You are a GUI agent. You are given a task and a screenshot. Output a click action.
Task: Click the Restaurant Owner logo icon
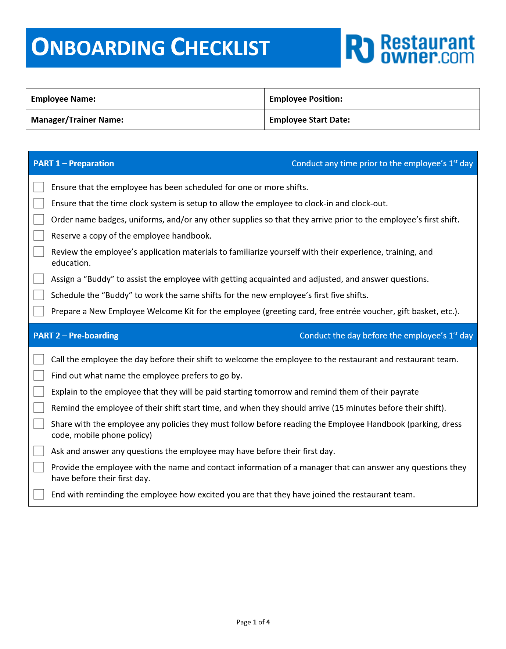[x=360, y=49]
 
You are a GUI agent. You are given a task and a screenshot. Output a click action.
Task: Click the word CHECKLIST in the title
[x=220, y=48]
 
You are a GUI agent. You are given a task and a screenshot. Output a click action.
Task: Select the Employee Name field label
[x=63, y=99]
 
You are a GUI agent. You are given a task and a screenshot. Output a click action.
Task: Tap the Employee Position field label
[x=306, y=99]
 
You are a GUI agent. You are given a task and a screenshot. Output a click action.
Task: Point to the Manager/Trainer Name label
[x=77, y=120]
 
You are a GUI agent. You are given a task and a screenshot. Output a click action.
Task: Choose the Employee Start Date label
[x=309, y=120]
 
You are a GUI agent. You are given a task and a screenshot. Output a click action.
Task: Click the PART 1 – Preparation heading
[x=74, y=163]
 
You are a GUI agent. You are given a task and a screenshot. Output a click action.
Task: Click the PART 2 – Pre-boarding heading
[x=76, y=336]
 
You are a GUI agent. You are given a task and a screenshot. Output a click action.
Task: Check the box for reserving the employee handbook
[x=39, y=235]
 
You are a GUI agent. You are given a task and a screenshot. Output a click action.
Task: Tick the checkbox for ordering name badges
[x=39, y=219]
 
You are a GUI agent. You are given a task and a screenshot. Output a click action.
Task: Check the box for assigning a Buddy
[x=39, y=279]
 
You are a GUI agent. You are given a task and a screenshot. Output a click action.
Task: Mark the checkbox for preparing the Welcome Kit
[x=39, y=311]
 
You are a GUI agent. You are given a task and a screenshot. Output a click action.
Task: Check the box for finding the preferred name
[x=39, y=375]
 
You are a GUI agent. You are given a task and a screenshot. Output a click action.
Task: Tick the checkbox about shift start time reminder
[x=39, y=407]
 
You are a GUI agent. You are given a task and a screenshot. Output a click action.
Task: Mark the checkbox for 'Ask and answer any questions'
[x=39, y=451]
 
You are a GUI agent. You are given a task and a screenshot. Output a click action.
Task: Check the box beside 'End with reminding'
[x=39, y=494]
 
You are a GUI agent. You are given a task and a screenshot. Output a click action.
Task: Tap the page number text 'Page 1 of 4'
[x=253, y=622]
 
